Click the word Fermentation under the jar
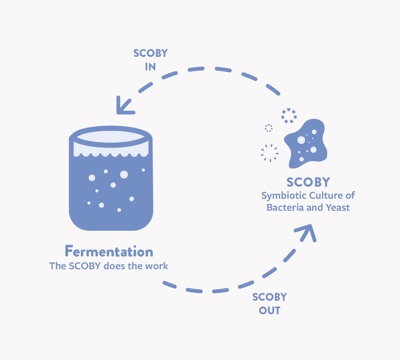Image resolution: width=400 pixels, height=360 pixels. [109, 251]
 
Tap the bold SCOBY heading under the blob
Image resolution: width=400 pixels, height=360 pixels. [308, 182]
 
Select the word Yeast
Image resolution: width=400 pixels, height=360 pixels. [338, 207]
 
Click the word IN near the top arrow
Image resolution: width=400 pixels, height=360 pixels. [150, 67]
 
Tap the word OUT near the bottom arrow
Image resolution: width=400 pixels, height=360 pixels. [269, 311]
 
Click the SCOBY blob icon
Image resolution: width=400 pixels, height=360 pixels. [306, 144]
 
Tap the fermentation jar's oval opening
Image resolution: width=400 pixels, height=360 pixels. [111, 137]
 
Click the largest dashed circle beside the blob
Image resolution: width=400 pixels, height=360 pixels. [270, 153]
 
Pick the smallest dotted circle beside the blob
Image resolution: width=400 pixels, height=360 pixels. [269, 128]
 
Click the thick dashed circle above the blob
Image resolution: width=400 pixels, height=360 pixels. [289, 116]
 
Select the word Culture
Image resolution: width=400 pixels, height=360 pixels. [325, 195]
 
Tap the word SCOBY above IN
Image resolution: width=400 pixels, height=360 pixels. [150, 53]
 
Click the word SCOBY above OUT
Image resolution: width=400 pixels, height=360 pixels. [269, 297]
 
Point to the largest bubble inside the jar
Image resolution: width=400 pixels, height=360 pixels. [124, 174]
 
